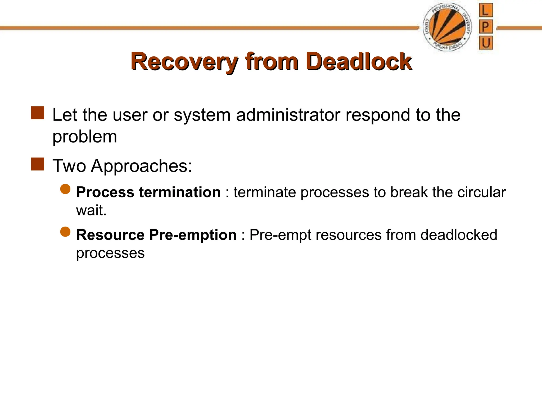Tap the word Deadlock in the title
coord(359,62)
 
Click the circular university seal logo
coord(447,27)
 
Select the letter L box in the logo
coord(486,11)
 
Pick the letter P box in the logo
coord(486,27)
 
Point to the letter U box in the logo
coord(486,43)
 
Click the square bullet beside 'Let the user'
coord(37,113)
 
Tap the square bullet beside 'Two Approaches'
coord(37,164)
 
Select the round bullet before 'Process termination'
coord(65,189)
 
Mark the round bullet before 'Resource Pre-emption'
coord(65,232)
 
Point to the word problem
coord(85,137)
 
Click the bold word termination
coord(180,192)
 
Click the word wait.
coord(91,211)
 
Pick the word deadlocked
coord(459,235)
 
